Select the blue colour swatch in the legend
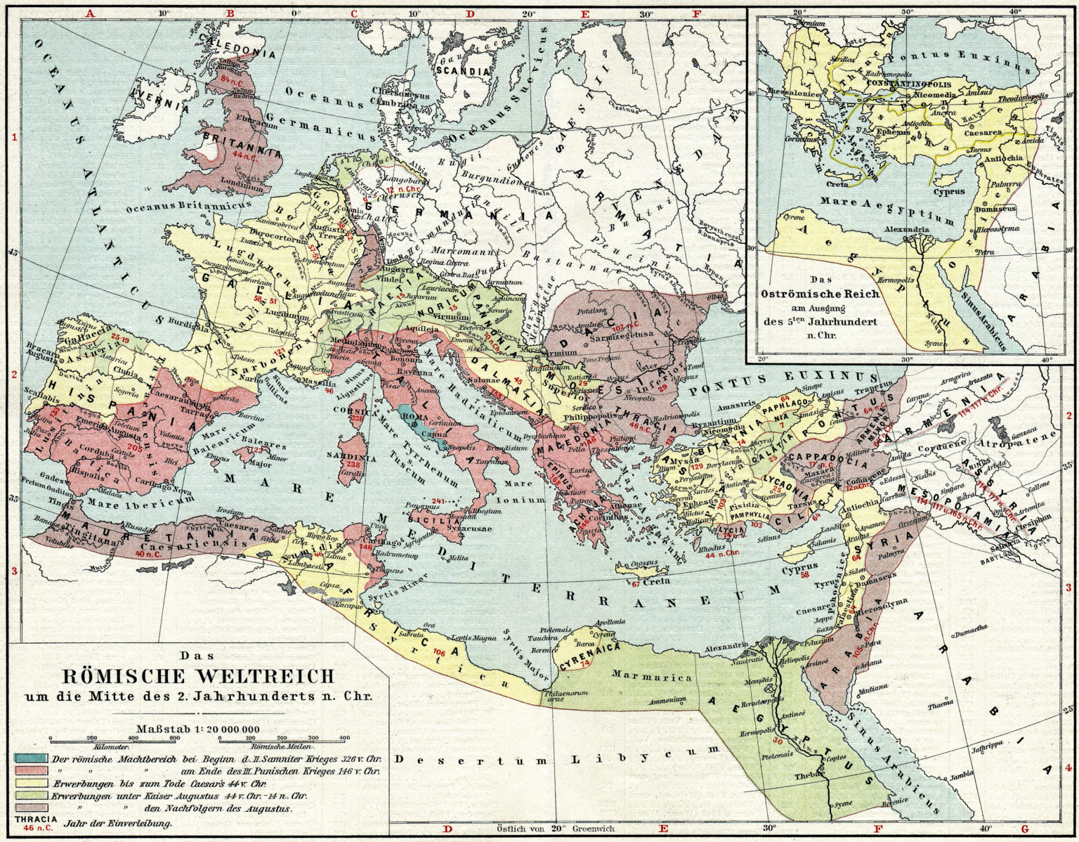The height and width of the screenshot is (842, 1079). pyautogui.click(x=30, y=759)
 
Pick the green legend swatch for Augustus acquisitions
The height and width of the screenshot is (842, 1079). pyautogui.click(x=30, y=795)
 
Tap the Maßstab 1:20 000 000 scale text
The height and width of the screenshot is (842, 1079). pyautogui.click(x=199, y=728)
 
